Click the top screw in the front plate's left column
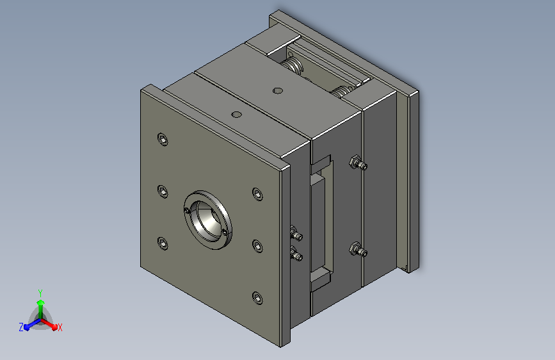coord(163,139)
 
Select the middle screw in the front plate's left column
coord(163,192)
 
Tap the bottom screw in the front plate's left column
coord(163,243)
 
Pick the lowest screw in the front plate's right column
coord(257,298)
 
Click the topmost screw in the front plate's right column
coord(257,194)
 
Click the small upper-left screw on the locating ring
coord(188,211)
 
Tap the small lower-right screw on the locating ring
coord(224,232)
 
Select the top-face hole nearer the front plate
coord(236,115)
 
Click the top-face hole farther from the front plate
coord(278,91)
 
